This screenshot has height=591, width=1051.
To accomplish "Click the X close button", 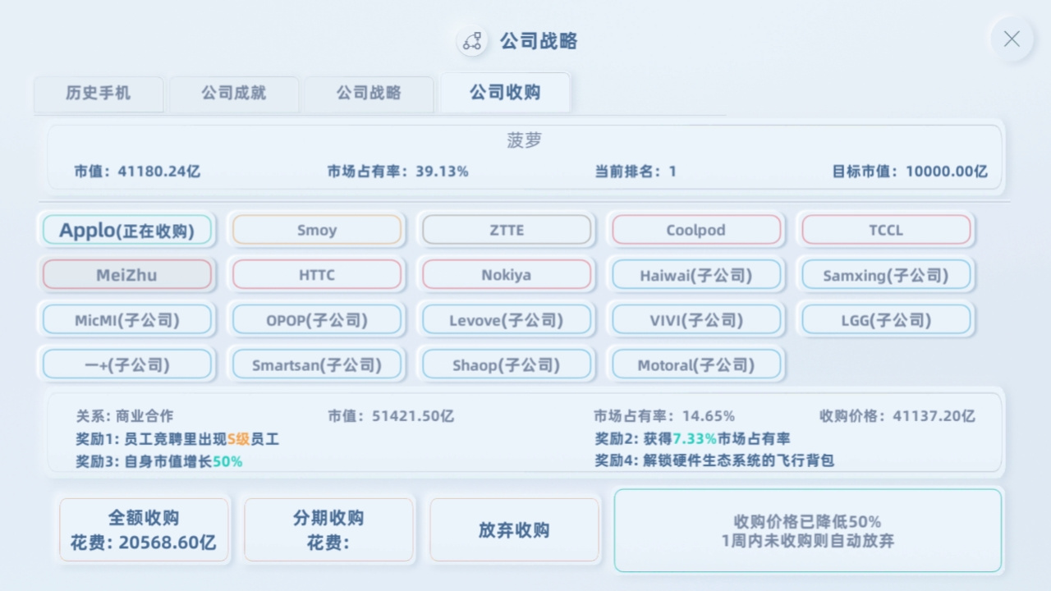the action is click(x=1012, y=39).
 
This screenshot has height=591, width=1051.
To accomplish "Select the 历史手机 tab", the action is click(x=99, y=93).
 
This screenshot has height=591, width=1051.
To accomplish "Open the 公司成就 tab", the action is click(x=234, y=93).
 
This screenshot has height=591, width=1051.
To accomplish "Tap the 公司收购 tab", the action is click(x=505, y=92).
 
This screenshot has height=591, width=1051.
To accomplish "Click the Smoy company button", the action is click(x=317, y=230).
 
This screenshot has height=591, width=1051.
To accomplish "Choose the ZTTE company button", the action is click(x=507, y=230).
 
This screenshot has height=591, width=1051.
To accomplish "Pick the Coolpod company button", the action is click(x=696, y=230).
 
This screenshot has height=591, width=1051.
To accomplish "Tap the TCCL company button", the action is click(x=886, y=230).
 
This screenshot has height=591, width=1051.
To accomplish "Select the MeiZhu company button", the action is click(x=126, y=274).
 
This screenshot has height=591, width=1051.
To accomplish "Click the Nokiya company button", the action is click(x=507, y=274).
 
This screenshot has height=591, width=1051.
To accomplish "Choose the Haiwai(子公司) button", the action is click(x=696, y=274).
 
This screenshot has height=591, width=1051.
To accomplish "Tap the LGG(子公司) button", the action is click(x=886, y=320).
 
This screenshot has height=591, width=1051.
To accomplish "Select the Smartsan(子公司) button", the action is click(x=317, y=364).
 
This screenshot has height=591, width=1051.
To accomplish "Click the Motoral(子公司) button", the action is click(x=696, y=364).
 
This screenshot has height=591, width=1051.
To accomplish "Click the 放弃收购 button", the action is click(x=514, y=530).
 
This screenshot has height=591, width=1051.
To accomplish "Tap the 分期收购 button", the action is click(x=328, y=530).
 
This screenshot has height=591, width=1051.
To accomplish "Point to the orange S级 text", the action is click(x=239, y=439).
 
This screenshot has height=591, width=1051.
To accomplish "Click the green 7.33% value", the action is click(x=695, y=438).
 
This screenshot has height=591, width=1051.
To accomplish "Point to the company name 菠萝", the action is click(x=524, y=140).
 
